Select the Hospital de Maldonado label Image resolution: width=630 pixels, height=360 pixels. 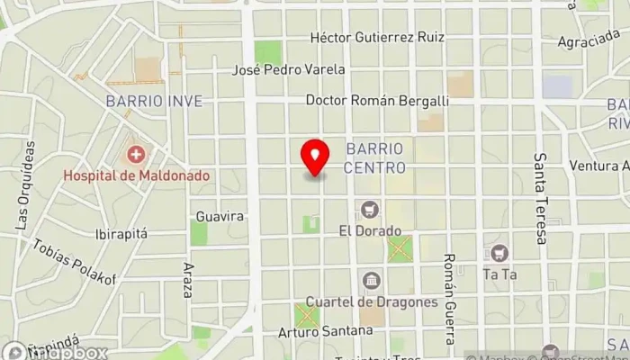coord(136,175)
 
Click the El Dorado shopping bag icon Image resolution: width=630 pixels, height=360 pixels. coord(369,210)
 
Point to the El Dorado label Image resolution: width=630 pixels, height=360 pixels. coord(369,230)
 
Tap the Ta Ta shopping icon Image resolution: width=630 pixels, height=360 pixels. coord(498,253)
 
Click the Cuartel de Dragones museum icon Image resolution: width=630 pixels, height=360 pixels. coord(370,281)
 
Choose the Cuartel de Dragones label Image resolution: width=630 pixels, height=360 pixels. coord(372,301)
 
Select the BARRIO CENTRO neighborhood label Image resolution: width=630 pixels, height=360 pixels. coord(375,157)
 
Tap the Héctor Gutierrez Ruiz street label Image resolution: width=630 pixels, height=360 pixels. coord(378,37)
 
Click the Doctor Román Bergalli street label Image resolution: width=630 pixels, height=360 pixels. coord(377,101)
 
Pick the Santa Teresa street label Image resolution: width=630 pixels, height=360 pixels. coord(541,198)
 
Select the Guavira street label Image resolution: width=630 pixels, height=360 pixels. coord(220,217)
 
